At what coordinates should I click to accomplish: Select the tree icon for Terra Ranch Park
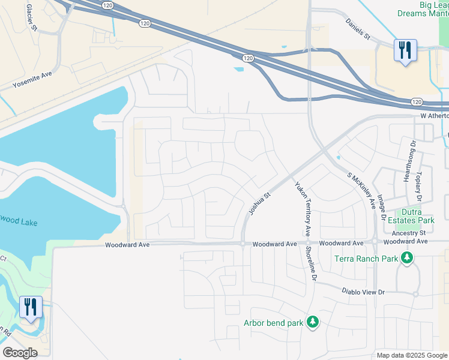pyautogui.click(x=407, y=258)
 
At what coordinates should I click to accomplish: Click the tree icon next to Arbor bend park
pyautogui.click(x=312, y=323)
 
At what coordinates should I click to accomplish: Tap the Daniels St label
pyautogui.click(x=358, y=29)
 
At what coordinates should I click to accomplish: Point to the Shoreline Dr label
pyautogui.click(x=310, y=263)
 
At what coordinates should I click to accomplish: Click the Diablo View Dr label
pyautogui.click(x=363, y=292)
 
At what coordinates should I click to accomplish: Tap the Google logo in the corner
pyautogui.click(x=20, y=353)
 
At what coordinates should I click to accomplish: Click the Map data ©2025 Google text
pyautogui.click(x=412, y=355)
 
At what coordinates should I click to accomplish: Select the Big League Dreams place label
pyautogui.click(x=422, y=9)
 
